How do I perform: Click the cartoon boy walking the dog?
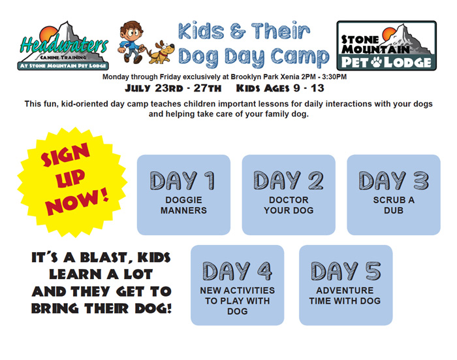(131, 42)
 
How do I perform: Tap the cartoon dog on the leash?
(161, 52)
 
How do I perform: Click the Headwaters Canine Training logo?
(63, 46)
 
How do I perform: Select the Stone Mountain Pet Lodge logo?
(386, 46)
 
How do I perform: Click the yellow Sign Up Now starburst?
(72, 182)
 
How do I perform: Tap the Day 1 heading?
(183, 180)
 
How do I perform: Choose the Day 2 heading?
(289, 180)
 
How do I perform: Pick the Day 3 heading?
(394, 180)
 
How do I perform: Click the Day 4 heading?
(237, 271)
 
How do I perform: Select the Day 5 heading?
(346, 271)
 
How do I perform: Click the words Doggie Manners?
(183, 205)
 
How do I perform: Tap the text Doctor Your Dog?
(289, 205)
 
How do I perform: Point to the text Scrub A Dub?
(394, 205)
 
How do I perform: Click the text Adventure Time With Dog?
(345, 295)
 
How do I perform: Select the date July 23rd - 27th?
(173, 88)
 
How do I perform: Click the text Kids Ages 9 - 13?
(280, 88)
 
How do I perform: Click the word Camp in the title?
(300, 56)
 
